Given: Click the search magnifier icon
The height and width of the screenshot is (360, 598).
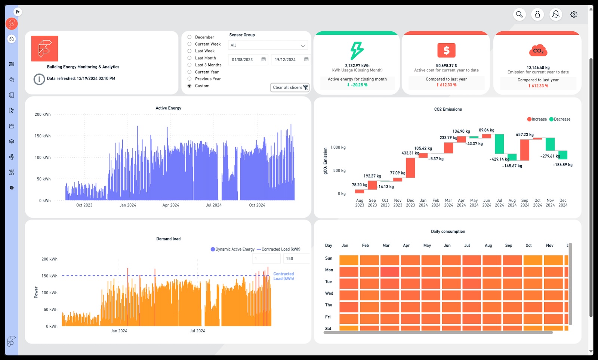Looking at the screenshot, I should [x=519, y=15].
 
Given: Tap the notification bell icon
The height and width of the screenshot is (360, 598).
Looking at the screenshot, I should [x=556, y=15].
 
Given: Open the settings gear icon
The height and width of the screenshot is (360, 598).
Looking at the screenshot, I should [x=574, y=15].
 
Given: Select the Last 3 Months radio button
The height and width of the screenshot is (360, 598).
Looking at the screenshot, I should [x=189, y=65].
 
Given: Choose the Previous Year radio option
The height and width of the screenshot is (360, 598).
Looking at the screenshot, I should [x=189, y=79].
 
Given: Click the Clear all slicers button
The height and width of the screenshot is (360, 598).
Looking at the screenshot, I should [x=290, y=87].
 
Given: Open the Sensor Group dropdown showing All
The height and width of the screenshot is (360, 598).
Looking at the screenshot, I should [x=268, y=45].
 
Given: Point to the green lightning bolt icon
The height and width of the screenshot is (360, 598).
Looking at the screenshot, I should [x=357, y=50].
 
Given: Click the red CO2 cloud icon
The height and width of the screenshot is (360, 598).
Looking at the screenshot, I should [x=538, y=50].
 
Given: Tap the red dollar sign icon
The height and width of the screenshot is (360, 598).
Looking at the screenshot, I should [x=446, y=50].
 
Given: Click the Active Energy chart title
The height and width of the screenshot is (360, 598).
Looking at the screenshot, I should [x=168, y=108].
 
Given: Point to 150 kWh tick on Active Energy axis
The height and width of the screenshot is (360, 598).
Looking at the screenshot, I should [x=43, y=136].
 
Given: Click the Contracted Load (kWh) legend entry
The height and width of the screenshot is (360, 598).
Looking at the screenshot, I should [x=278, y=249].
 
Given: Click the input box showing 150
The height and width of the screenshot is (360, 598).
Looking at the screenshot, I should [x=296, y=258].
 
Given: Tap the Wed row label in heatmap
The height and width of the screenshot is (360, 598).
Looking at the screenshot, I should [x=329, y=293].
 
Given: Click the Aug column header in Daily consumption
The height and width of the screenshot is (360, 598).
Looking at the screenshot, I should [x=488, y=245].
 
